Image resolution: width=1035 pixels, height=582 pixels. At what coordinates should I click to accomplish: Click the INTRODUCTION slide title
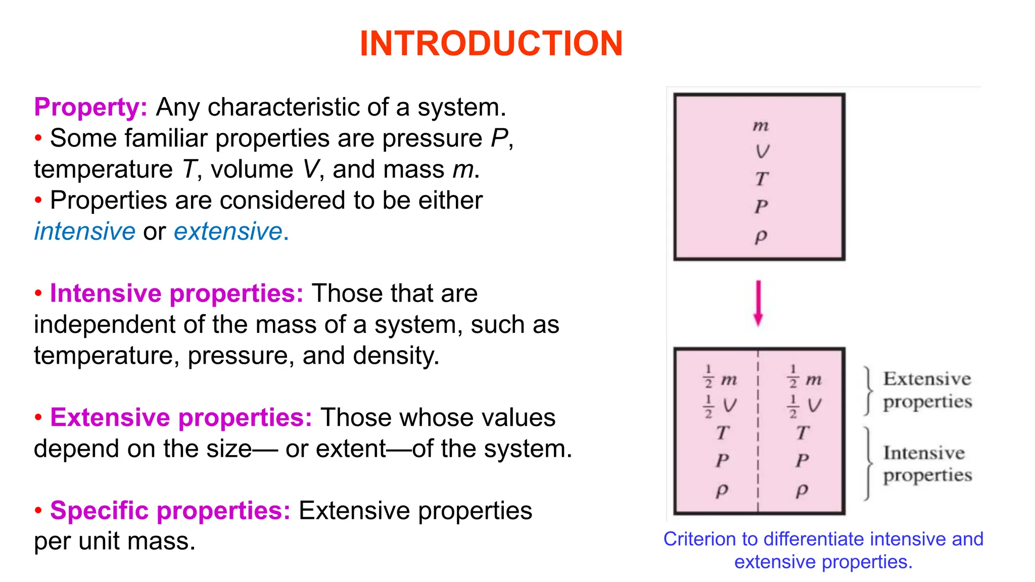click(x=491, y=43)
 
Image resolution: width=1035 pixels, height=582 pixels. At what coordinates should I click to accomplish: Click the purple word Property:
click(x=90, y=107)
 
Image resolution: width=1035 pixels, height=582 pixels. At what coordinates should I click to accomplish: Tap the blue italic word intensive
click(x=84, y=231)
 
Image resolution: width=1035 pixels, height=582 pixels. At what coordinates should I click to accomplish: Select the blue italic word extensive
click(x=228, y=231)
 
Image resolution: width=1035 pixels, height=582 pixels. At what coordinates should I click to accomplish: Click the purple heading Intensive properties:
click(x=176, y=294)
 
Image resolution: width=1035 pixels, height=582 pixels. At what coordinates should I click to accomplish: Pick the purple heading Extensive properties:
click(x=181, y=418)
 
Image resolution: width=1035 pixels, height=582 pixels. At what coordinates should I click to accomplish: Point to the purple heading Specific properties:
click(x=170, y=510)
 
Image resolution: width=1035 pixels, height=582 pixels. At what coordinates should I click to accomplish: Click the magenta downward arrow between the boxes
click(x=758, y=303)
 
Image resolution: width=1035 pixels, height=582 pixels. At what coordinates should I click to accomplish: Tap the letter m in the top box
click(x=761, y=125)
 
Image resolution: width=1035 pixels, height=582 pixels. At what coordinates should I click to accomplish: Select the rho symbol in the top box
click(x=761, y=236)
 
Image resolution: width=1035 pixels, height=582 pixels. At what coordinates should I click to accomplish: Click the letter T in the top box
click(x=761, y=179)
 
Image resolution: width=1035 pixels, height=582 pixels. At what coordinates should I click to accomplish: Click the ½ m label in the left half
click(x=720, y=378)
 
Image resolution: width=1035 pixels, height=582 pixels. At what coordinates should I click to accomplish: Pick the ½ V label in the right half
click(x=805, y=406)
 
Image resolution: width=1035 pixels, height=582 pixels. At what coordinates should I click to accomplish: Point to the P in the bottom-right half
click(x=803, y=460)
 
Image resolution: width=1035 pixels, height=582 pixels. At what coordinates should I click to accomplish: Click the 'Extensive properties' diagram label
click(x=927, y=390)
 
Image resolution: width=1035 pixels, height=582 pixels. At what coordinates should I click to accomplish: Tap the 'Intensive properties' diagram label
click(x=927, y=464)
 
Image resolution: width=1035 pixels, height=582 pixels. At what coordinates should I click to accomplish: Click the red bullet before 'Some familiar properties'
click(x=38, y=138)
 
